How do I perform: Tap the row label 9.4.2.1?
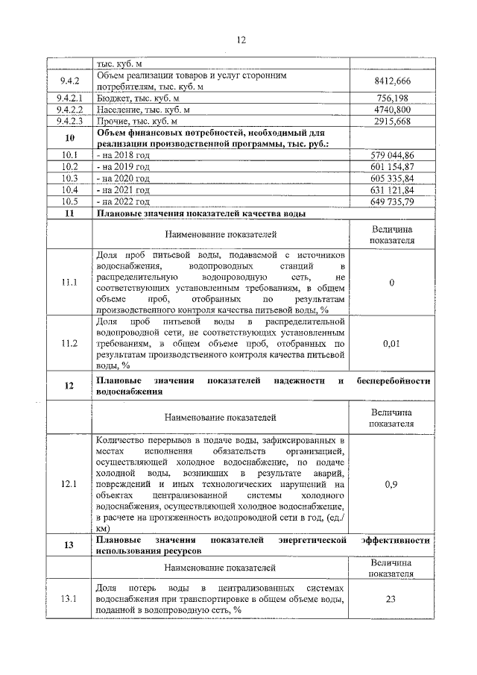69,98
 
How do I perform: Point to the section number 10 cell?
69,138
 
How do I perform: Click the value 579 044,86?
392,155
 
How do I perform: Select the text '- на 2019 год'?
124,167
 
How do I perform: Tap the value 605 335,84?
392,178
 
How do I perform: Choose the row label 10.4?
69,190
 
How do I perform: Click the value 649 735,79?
392,201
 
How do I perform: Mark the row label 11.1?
69,283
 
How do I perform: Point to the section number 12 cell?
69,386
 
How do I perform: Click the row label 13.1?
69,599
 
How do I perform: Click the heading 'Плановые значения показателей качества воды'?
201,213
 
